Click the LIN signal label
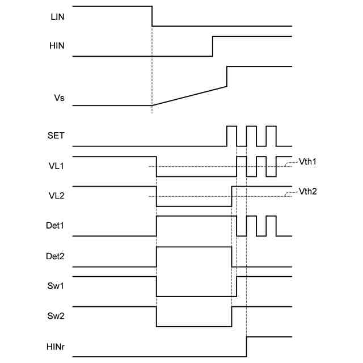point(57,16)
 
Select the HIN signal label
point(57,47)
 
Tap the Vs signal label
point(58,98)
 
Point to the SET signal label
point(57,137)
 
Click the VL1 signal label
point(57,168)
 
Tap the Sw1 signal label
point(57,286)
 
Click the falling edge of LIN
point(152,16)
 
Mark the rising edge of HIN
point(213,46)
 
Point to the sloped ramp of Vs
point(189,96)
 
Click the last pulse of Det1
point(271,226)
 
